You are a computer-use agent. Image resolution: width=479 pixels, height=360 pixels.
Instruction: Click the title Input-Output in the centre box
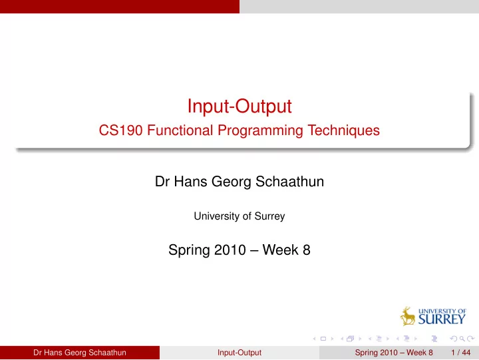click(239, 106)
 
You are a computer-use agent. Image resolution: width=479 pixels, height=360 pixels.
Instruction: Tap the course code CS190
click(120, 130)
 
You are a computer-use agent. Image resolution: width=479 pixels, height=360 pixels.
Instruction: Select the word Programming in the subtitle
click(260, 131)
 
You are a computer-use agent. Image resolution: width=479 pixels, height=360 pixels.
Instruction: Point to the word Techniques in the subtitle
click(343, 130)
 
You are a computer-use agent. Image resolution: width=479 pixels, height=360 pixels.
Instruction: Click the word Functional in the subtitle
click(180, 130)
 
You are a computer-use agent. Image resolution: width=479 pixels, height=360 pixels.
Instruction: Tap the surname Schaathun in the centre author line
click(289, 182)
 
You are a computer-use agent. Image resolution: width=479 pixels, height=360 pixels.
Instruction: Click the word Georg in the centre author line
click(232, 182)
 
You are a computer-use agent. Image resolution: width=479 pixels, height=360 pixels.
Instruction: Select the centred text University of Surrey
click(239, 216)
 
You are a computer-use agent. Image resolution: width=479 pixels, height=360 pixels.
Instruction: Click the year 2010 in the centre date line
click(230, 250)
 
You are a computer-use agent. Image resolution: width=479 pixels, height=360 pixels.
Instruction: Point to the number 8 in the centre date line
click(307, 250)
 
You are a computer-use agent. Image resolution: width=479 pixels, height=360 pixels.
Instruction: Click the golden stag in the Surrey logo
click(408, 316)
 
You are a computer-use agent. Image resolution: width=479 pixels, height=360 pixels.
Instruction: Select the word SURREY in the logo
click(442, 319)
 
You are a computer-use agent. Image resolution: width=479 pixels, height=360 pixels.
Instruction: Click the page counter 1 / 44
click(460, 353)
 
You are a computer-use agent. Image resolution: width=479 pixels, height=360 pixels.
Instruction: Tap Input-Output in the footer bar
click(239, 353)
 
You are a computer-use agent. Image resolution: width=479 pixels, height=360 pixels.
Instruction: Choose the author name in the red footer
click(80, 353)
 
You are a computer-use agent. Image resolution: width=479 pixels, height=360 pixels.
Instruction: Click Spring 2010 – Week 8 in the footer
click(394, 353)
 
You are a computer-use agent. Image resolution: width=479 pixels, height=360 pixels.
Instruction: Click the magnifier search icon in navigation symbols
click(462, 339)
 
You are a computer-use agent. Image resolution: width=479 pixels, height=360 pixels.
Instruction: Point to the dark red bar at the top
click(120, 7)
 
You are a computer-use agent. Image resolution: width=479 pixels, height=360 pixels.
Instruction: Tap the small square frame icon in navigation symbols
click(323, 339)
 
